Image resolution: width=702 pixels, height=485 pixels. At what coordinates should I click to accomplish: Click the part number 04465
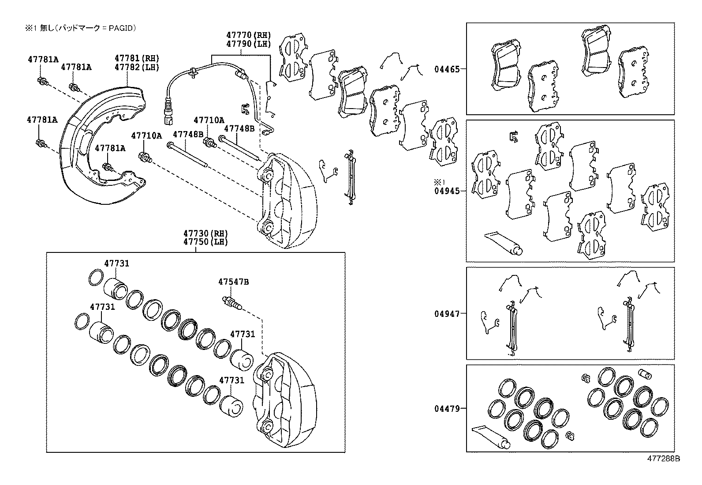pyautogui.click(x=447, y=69)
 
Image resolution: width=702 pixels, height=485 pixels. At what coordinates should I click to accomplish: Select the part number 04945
pyautogui.click(x=447, y=191)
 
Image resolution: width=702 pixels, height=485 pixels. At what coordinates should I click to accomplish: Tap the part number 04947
pyautogui.click(x=447, y=314)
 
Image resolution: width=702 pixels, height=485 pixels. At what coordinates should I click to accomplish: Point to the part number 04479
pyautogui.click(x=447, y=409)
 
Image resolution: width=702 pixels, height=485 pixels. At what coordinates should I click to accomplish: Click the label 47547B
pyautogui.click(x=233, y=282)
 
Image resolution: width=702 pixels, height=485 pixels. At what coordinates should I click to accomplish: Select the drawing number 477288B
pyautogui.click(x=663, y=459)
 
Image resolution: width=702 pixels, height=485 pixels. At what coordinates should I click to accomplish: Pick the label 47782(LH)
pyautogui.click(x=137, y=67)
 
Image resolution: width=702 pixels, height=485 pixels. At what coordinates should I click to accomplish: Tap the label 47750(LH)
pyautogui.click(x=205, y=242)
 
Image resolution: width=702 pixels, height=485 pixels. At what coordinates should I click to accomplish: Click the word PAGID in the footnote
pyautogui.click(x=120, y=28)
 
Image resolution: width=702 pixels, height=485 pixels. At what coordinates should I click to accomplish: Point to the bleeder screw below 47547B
pyautogui.click(x=231, y=303)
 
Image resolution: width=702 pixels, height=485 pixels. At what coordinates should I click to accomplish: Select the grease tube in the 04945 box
pyautogui.click(x=503, y=243)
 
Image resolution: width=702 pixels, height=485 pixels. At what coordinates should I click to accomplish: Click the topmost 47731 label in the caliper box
pyautogui.click(x=116, y=263)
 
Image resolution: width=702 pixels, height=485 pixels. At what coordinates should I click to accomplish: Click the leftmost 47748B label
pyautogui.click(x=188, y=134)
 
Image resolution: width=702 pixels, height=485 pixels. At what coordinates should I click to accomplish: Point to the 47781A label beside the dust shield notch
pyautogui.click(x=110, y=148)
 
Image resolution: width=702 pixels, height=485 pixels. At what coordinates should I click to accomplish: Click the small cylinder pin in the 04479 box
pyautogui.click(x=645, y=376)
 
